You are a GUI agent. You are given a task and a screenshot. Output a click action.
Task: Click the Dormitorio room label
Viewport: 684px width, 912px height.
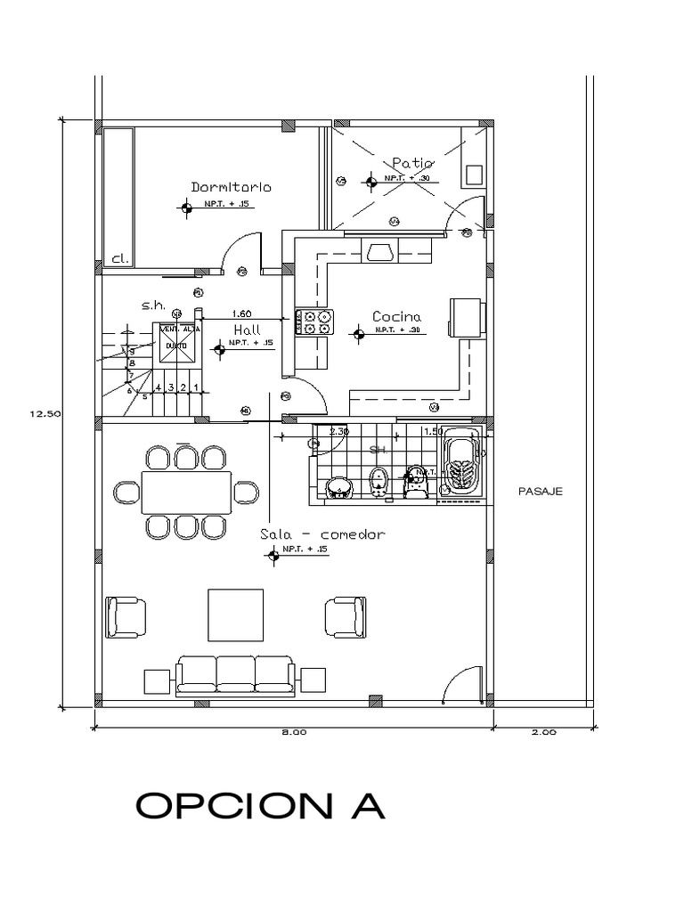tap(231, 187)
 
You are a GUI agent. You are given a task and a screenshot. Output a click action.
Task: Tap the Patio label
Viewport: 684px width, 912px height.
tap(411, 163)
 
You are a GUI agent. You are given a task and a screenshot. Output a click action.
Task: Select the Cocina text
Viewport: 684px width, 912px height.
tap(396, 316)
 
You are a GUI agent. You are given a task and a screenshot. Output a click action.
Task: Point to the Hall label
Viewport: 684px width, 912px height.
tap(247, 329)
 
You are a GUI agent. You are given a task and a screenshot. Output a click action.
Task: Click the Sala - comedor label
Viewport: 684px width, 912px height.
tap(322, 534)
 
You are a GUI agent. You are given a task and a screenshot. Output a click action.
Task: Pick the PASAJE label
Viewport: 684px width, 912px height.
tap(540, 491)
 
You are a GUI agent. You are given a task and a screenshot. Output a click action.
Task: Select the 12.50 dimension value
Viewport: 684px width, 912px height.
tap(44, 412)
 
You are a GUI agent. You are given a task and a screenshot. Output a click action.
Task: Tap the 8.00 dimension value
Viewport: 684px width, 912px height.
tap(294, 733)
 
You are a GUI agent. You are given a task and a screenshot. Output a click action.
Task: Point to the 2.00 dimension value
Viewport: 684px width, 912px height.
tap(543, 733)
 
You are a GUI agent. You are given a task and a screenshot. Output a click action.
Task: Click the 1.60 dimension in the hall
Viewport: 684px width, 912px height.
tap(240, 313)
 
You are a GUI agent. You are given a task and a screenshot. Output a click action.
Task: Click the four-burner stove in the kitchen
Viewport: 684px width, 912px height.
tap(317, 322)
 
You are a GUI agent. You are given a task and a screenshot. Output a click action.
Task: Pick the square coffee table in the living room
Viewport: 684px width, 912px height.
tap(235, 615)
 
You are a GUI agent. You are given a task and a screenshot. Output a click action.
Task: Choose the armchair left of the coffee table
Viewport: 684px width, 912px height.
tap(125, 616)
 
